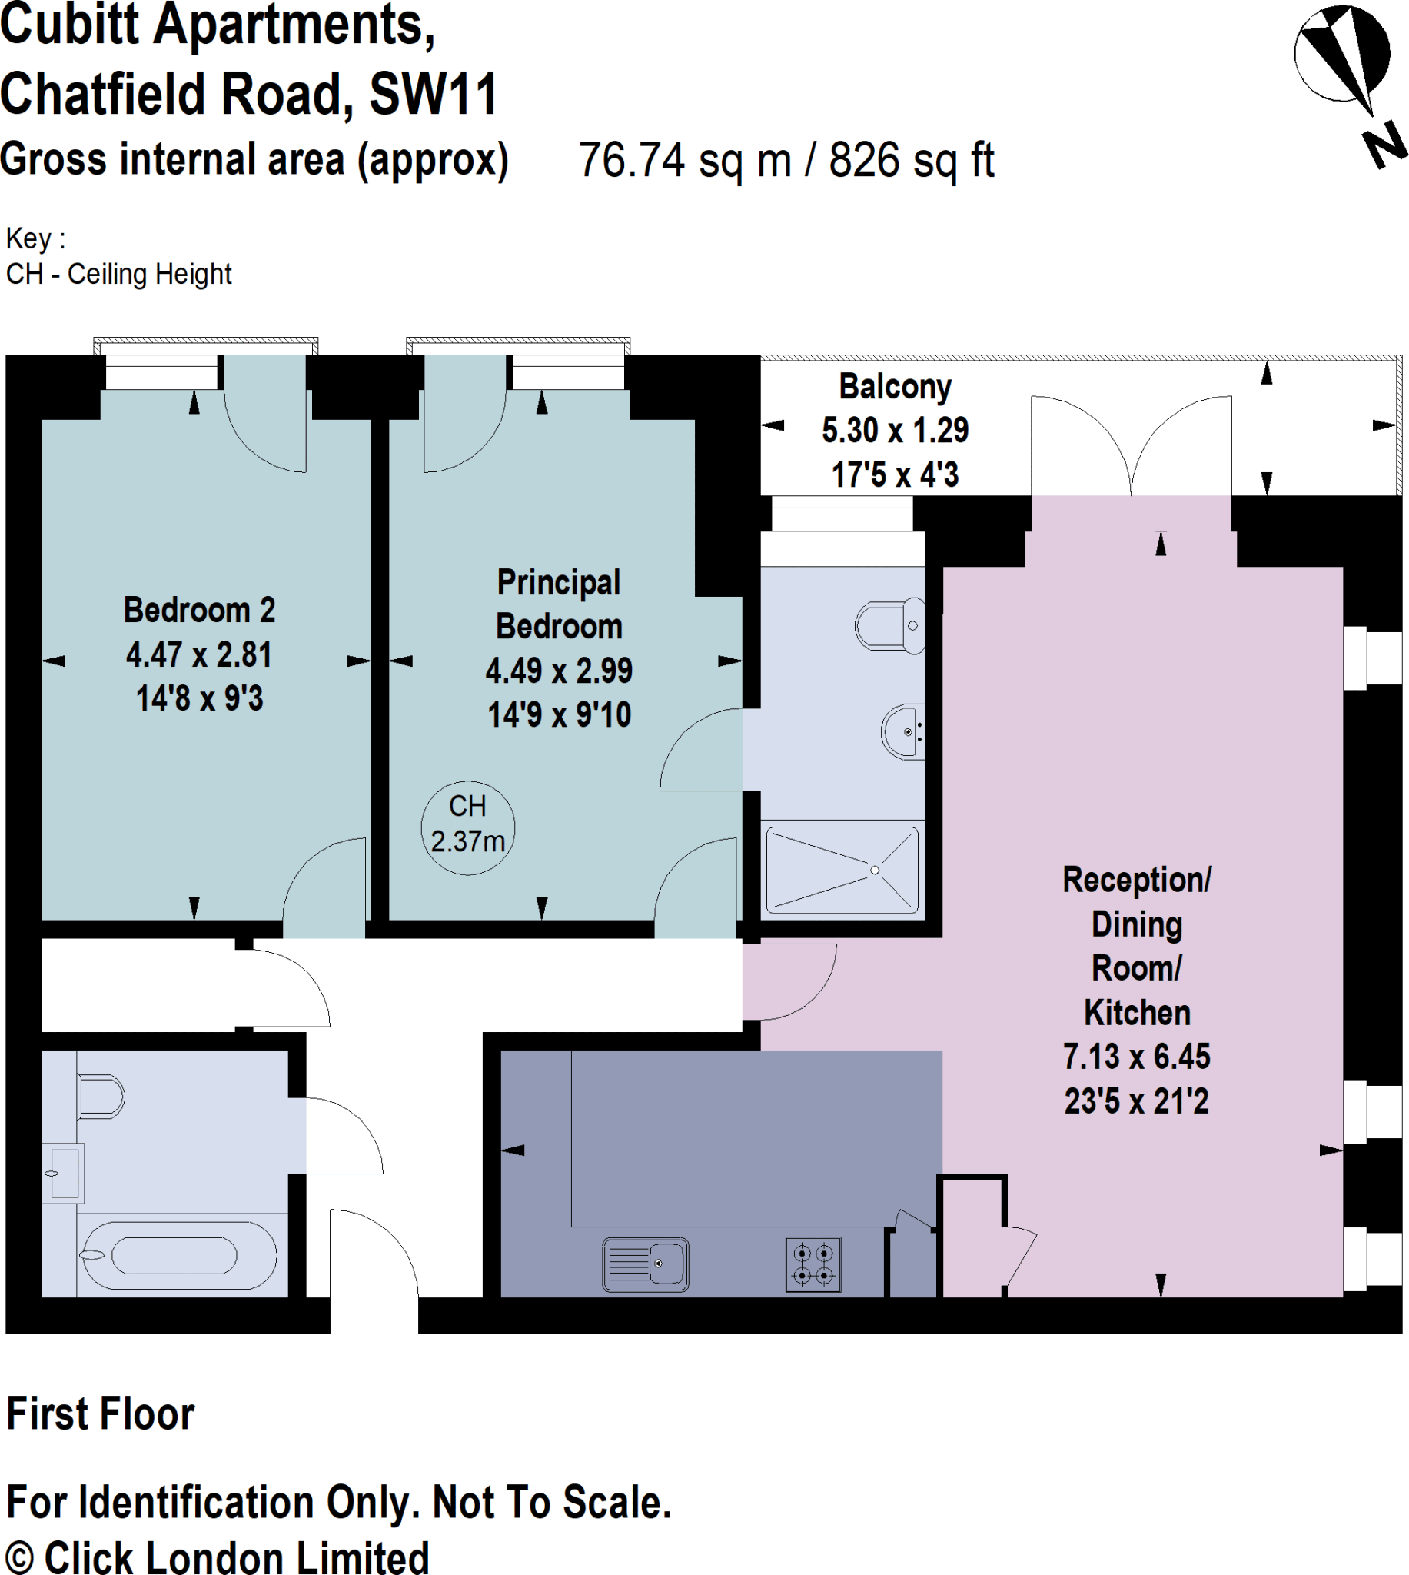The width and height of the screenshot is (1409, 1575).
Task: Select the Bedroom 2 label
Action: coord(200,610)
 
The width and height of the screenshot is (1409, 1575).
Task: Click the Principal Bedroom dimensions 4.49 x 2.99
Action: coord(559,671)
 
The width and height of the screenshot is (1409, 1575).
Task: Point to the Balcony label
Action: coord(895,386)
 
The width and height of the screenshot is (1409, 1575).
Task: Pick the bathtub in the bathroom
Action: coord(178,1255)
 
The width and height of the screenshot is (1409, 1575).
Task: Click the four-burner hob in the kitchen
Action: coord(813,1264)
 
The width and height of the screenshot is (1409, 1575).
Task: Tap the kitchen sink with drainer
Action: coord(646,1264)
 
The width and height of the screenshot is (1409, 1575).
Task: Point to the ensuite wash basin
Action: coord(902,732)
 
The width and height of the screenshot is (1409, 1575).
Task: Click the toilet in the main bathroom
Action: coord(101,1097)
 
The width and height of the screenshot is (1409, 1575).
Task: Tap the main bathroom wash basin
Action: coord(63,1172)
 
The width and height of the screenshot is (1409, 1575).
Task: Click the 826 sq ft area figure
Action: coord(911,160)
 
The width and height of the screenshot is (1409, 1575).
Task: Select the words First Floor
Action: coord(101,1414)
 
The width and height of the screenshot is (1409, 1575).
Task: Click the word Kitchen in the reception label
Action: coord(1136,1012)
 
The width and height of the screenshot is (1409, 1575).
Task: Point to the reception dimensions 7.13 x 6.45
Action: coord(1136,1056)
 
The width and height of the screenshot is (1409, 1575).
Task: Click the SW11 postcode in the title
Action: coord(433,95)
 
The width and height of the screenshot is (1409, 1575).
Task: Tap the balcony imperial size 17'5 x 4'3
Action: coord(895,474)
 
